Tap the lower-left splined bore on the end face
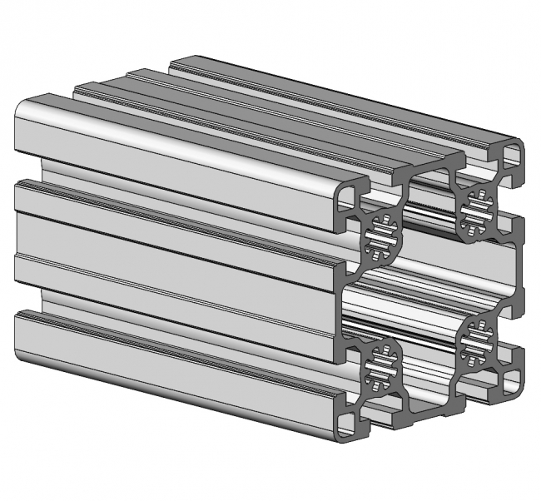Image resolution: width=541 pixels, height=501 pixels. (x=383, y=364)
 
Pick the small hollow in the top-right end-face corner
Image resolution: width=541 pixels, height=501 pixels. (x=511, y=155)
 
